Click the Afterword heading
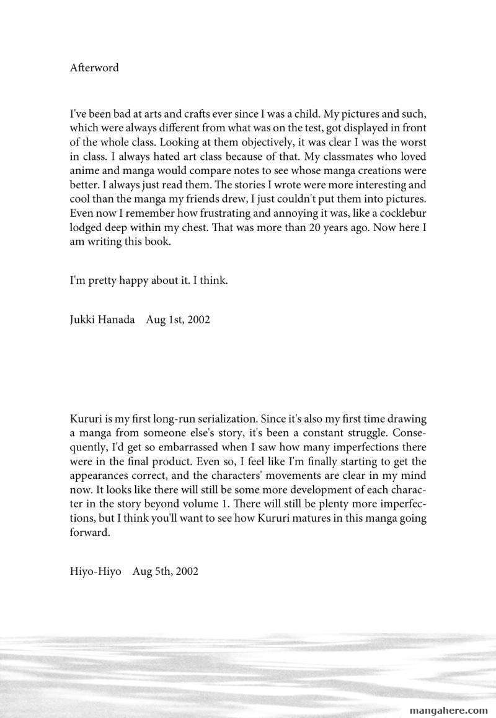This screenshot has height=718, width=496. pos(94,68)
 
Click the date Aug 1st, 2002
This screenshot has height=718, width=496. pos(178,320)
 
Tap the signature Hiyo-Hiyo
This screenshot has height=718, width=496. pos(95,571)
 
